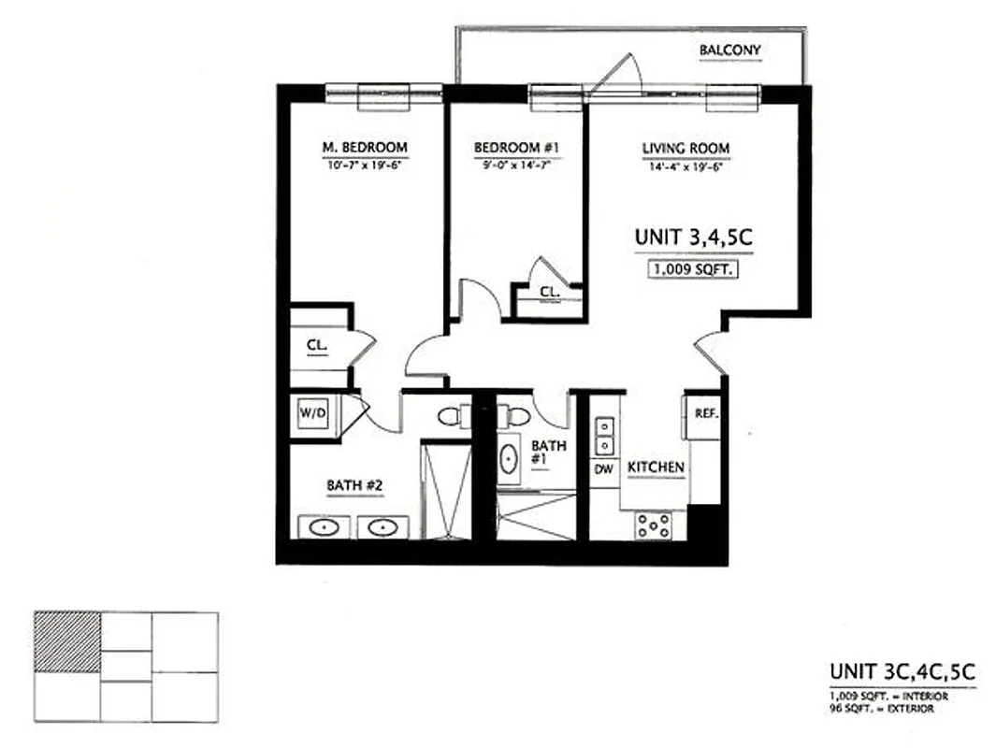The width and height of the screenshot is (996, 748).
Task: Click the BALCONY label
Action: coord(730,50)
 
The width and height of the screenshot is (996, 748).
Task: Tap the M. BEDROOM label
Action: coord(364,148)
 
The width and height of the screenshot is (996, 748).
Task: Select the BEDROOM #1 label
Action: coord(516,148)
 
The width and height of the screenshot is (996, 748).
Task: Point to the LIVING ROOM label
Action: coord(686,148)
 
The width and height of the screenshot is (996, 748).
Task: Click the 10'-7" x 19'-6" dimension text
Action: coord(364,165)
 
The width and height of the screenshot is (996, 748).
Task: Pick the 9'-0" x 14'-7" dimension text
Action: coord(516,165)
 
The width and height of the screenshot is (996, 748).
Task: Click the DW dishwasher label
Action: coord(604,468)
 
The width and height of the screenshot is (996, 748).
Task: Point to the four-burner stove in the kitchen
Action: coord(653,525)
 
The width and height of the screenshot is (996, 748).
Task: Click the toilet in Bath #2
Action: coord(451,415)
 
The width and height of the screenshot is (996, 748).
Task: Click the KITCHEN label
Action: coord(657,467)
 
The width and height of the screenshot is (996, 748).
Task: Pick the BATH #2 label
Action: coord(351,485)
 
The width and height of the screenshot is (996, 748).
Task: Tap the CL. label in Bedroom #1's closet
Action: coord(549,293)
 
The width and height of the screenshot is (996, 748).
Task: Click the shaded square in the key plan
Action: coord(67,642)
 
